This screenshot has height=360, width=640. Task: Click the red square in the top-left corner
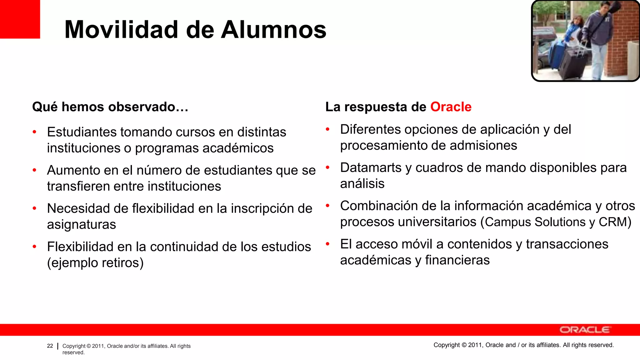(20, 19)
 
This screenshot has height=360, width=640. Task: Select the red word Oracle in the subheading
(451, 107)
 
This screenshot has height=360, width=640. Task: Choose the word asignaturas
(82, 224)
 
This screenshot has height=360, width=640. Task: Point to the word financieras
(457, 260)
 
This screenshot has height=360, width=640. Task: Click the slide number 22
(50, 346)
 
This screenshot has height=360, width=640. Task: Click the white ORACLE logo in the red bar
(584, 330)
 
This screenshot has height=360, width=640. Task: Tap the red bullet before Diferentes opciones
(327, 129)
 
